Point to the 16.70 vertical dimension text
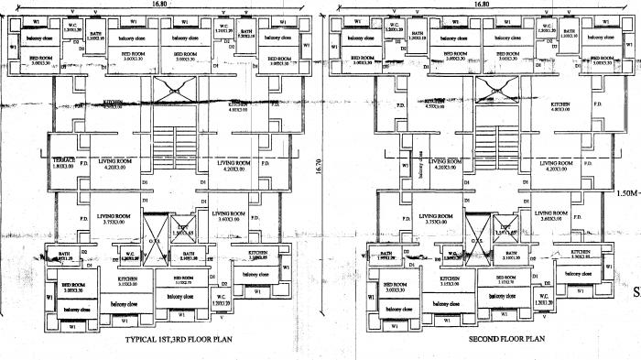pyautogui.click(x=318, y=170)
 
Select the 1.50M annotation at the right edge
pyautogui.click(x=625, y=193)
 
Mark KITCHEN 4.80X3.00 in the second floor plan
pyautogui.click(x=561, y=108)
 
